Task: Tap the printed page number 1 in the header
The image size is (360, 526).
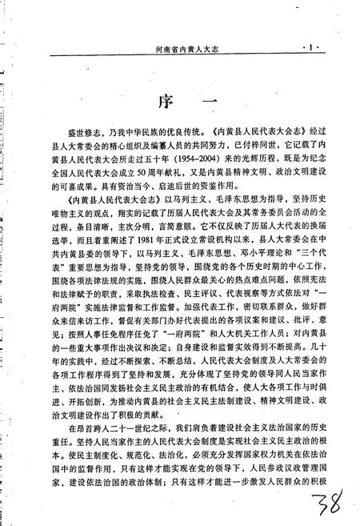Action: (310, 48)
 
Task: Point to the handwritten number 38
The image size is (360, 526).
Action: (324, 507)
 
